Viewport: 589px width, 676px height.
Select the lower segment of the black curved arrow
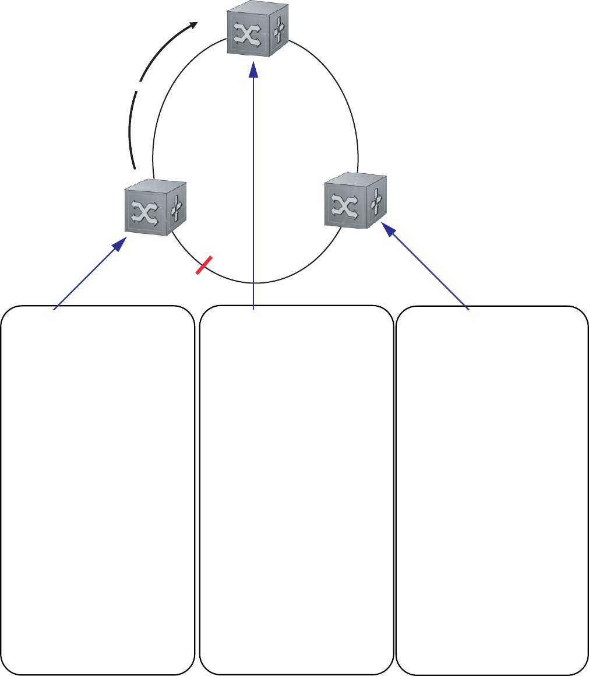[131, 131]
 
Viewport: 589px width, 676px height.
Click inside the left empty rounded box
[98, 490]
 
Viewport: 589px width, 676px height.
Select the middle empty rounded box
[296, 490]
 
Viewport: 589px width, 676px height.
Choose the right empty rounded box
[492, 490]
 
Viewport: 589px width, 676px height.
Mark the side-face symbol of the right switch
[376, 200]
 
